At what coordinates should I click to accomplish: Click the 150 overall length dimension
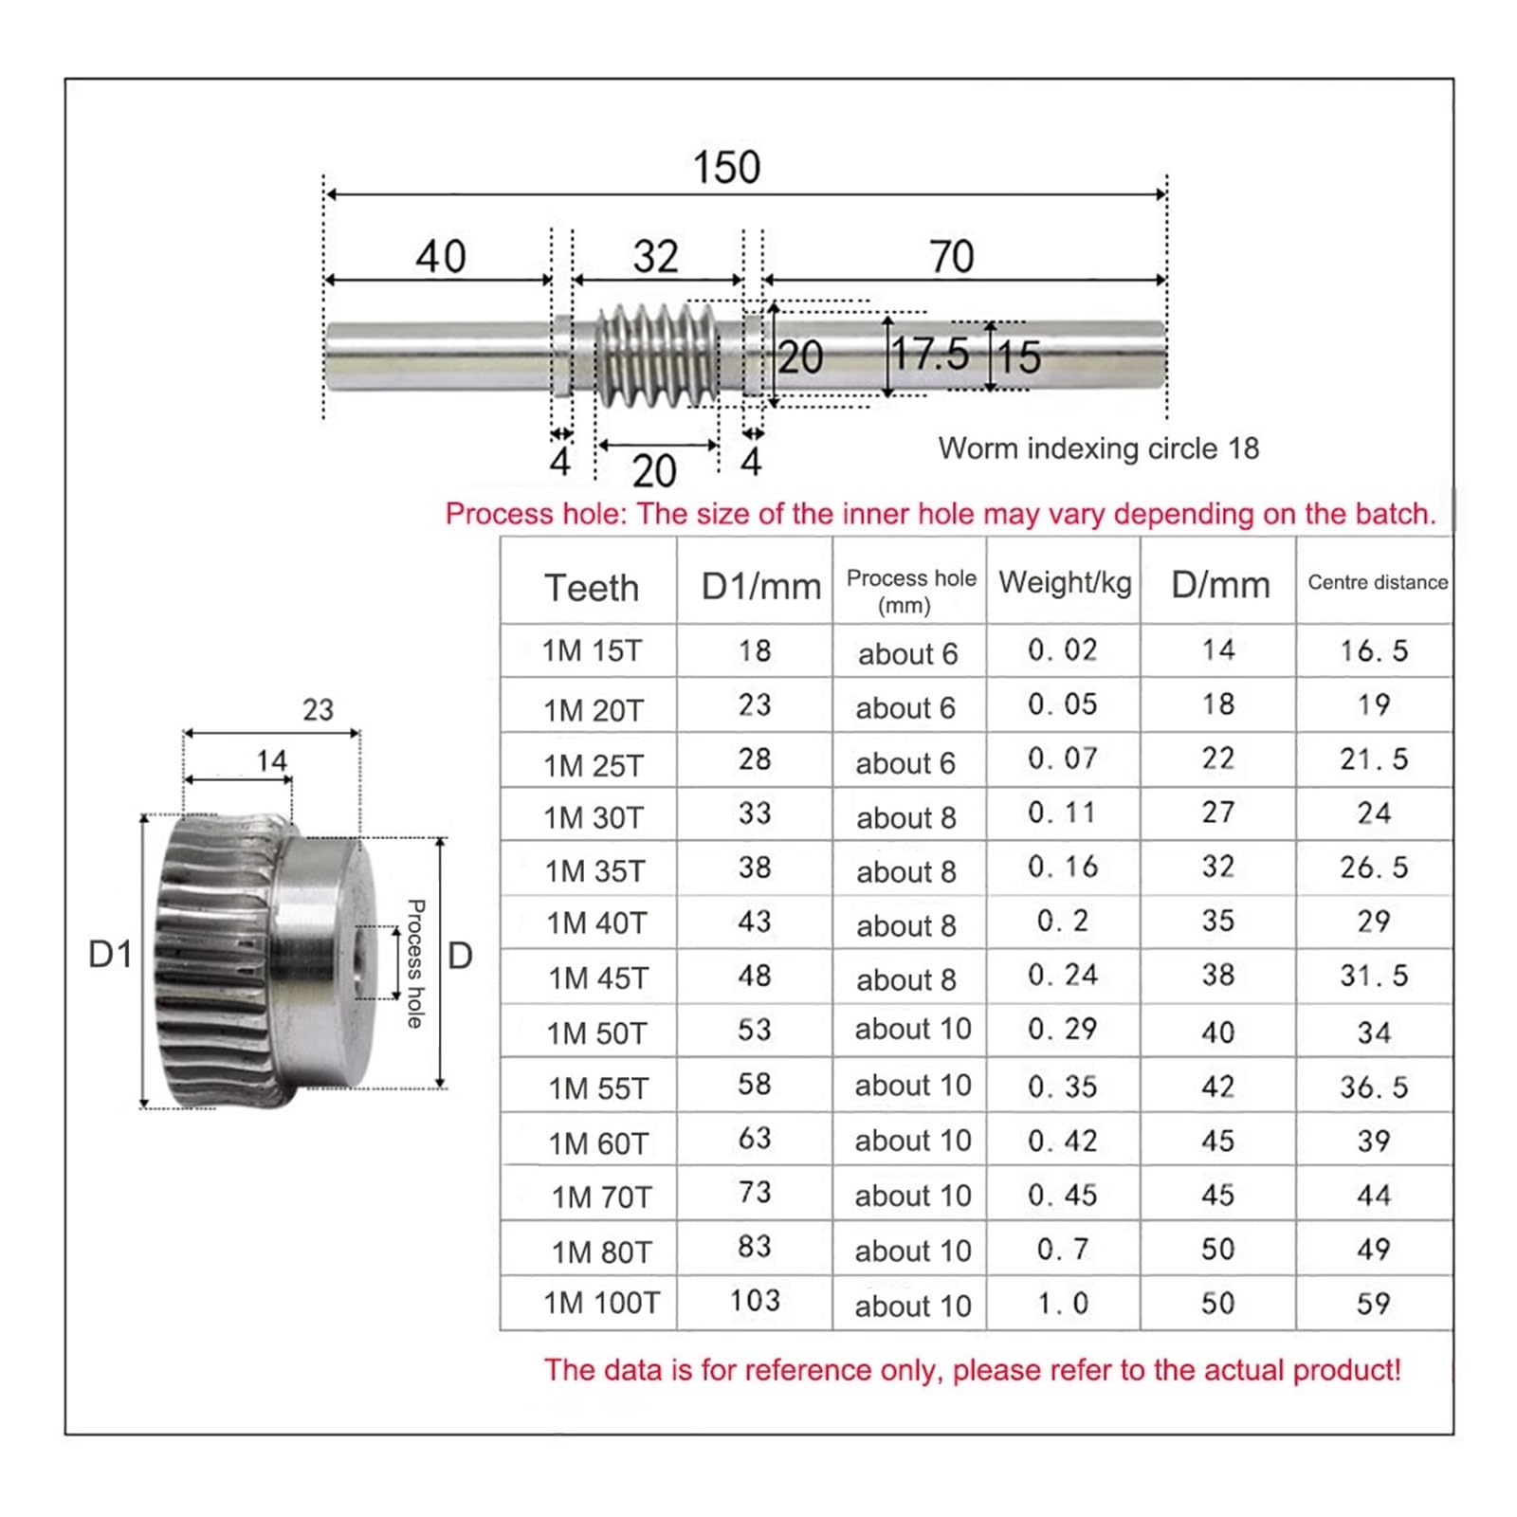coord(726,168)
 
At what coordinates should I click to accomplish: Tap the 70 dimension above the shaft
coord(951,257)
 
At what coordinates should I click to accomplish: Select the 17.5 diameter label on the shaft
coord(930,355)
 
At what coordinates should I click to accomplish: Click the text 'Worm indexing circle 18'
coord(1098,448)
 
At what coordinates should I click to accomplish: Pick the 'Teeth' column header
coord(591,588)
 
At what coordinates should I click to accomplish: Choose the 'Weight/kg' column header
coord(1065,582)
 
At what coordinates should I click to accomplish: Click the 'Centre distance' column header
coord(1377,582)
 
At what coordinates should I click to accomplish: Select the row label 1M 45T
coord(597,978)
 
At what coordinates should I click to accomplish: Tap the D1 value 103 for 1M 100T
coord(755,1300)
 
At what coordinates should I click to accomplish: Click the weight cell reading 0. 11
coord(1062,813)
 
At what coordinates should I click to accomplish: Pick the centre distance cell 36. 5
coord(1374,1087)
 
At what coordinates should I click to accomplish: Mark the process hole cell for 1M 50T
coord(912,1030)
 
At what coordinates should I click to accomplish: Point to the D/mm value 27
coord(1218,813)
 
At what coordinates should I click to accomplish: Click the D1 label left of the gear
coord(111,955)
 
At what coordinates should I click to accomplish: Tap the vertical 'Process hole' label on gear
coord(415,963)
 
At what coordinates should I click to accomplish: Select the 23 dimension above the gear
coord(318,710)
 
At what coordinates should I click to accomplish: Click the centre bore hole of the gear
coord(359,963)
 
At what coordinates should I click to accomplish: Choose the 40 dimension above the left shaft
coord(441,257)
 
